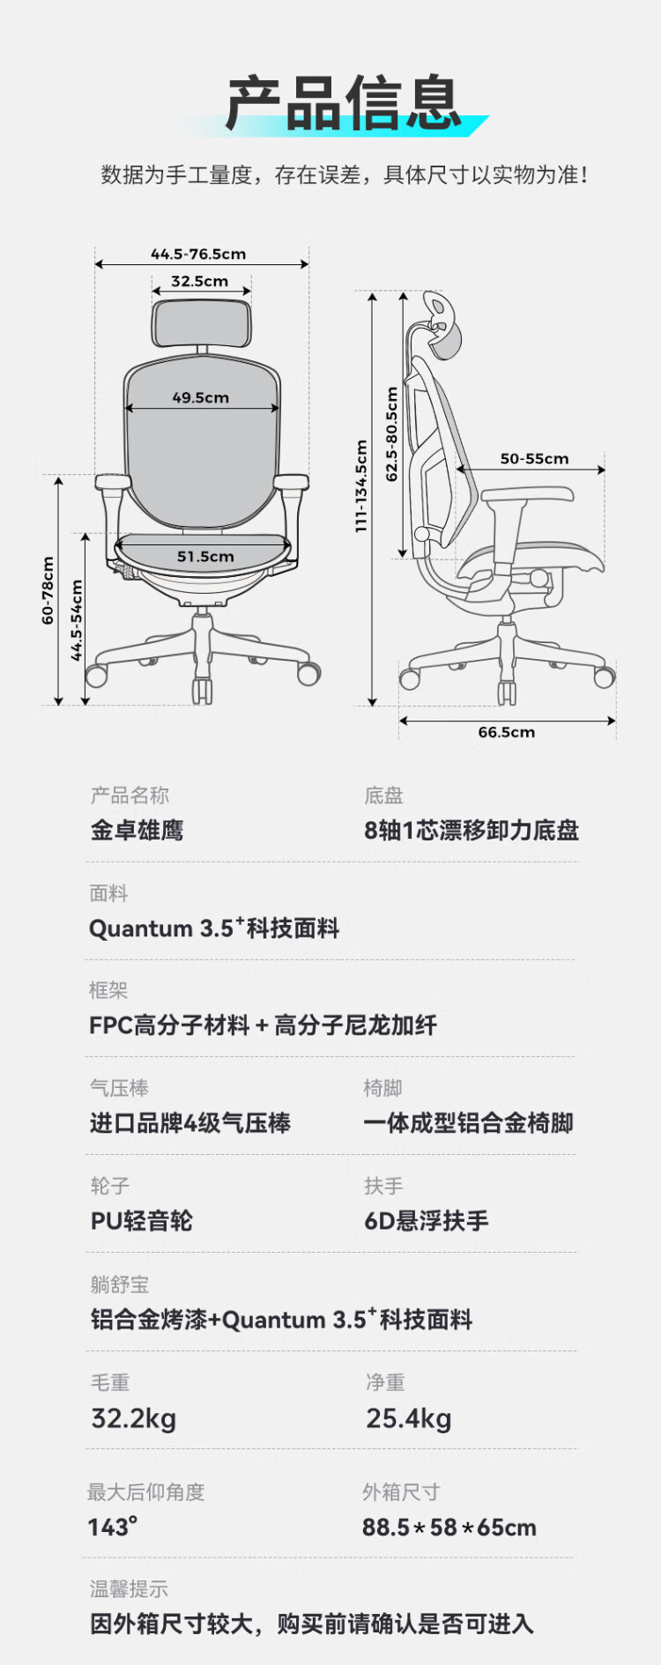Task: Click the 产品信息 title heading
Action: coord(344,104)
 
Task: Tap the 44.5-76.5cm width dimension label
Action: coord(198,255)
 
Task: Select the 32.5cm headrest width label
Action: coord(200,281)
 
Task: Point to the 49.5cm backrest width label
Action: coord(201,397)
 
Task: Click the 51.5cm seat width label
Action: coord(205,556)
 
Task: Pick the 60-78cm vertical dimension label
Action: coord(48,590)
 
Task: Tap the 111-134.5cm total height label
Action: coord(361,485)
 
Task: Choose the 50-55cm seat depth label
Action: coord(534,458)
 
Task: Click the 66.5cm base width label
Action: coord(506,732)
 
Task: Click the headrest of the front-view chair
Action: coord(201,322)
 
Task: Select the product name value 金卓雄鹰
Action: coord(137,830)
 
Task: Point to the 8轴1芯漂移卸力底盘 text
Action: coord(472,830)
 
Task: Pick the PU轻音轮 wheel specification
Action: coord(141,1221)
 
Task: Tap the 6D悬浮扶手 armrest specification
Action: coord(427,1221)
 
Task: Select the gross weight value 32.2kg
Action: coord(134,1418)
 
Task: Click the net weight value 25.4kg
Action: coord(409,1418)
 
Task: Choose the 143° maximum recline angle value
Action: coord(113,1527)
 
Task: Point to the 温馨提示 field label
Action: coord(129,1588)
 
